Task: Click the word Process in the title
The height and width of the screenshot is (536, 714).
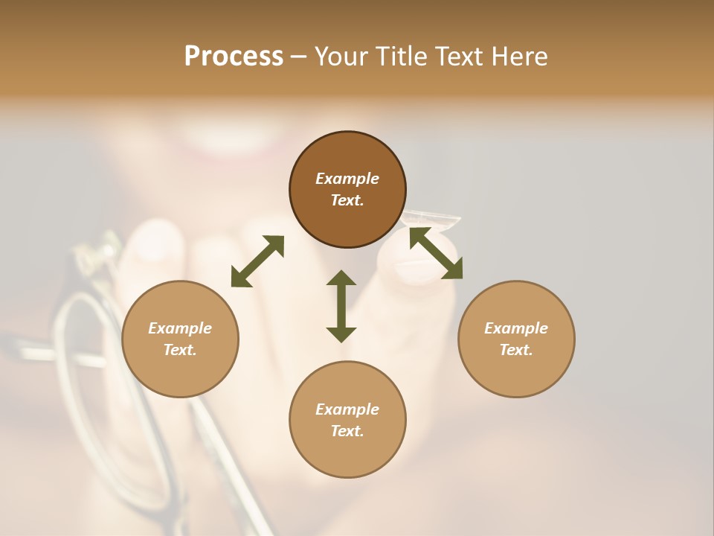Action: (x=234, y=57)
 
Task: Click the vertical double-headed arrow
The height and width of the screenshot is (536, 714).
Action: (x=341, y=306)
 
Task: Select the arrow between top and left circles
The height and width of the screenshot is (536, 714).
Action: (x=257, y=261)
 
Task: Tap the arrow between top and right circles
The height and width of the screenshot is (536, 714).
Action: (x=436, y=253)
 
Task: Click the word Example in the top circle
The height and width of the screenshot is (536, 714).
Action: (x=347, y=179)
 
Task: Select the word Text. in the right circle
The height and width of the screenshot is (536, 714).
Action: (x=516, y=350)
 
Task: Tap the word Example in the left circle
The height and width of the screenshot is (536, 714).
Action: (x=180, y=328)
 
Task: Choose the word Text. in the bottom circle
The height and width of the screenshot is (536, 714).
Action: (x=347, y=431)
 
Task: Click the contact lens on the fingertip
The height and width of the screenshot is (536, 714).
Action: (x=431, y=219)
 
